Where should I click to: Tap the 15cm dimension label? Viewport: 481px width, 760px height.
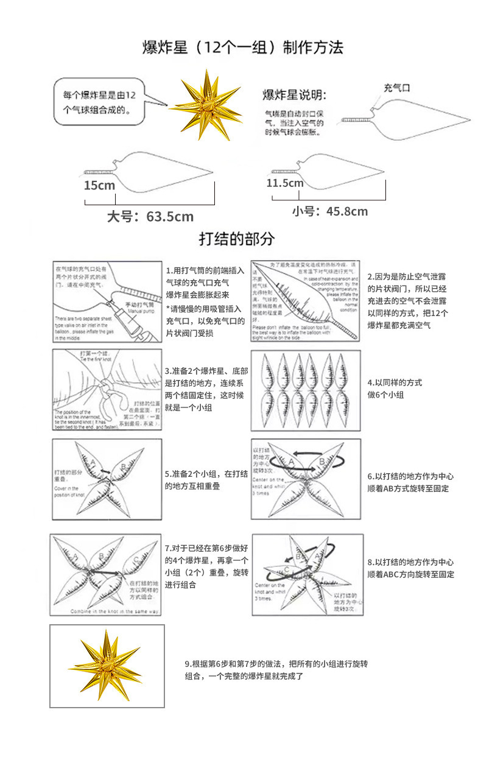[x=99, y=185]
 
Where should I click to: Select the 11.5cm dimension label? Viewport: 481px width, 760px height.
[x=284, y=183]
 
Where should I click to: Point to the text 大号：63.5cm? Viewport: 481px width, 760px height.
[x=150, y=216]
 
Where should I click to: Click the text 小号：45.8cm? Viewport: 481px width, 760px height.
[x=329, y=211]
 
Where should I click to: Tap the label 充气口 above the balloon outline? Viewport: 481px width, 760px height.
[x=396, y=88]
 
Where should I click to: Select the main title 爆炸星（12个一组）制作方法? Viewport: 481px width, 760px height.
[x=243, y=47]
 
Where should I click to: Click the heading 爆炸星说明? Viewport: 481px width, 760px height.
[x=294, y=96]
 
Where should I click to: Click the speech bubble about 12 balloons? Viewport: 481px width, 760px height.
[x=101, y=101]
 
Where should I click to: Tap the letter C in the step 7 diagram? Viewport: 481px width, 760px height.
[x=135, y=560]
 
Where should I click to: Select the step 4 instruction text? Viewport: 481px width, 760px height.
[x=395, y=389]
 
